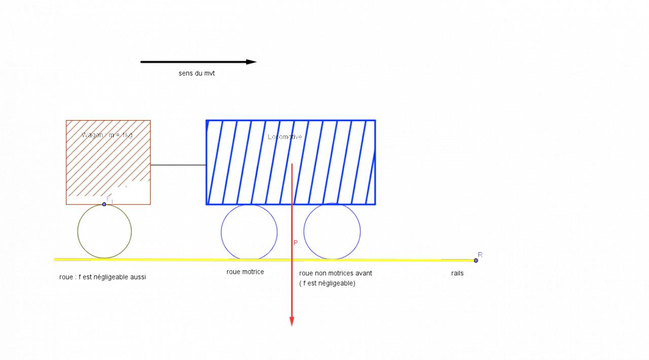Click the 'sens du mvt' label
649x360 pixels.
(x=197, y=74)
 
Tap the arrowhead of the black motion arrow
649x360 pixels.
(x=251, y=62)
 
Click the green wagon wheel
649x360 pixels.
(x=104, y=231)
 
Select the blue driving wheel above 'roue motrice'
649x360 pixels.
(x=249, y=232)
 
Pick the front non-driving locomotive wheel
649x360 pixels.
(x=332, y=232)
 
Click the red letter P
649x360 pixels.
(x=296, y=243)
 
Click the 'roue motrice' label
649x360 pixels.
(x=245, y=272)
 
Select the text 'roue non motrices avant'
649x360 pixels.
(x=336, y=273)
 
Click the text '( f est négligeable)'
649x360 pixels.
(x=327, y=283)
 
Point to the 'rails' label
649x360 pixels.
(x=457, y=273)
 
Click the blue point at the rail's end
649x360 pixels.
(x=476, y=261)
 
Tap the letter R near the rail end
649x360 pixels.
(x=480, y=255)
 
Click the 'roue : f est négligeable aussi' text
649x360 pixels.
(x=102, y=277)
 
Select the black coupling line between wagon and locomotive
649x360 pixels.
(x=178, y=165)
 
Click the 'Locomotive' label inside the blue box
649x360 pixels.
(x=285, y=137)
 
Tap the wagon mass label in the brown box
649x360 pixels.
(x=107, y=135)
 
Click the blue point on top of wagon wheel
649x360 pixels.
(x=104, y=204)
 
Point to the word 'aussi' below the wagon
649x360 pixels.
(x=137, y=277)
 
